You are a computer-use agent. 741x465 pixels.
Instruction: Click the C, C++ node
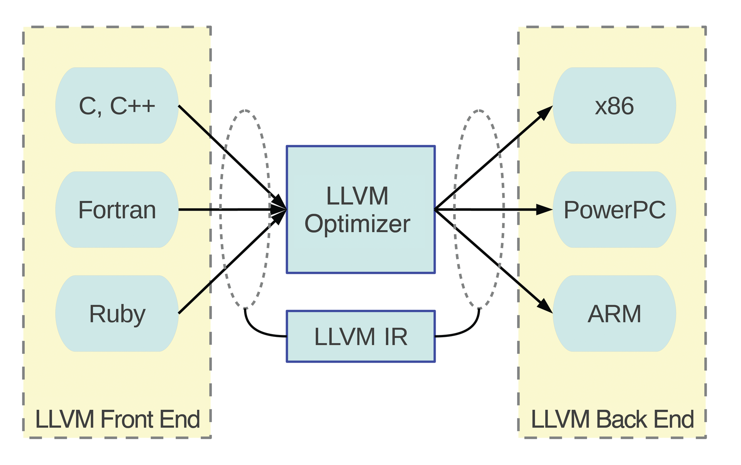117,106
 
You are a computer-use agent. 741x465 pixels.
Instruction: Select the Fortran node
117,210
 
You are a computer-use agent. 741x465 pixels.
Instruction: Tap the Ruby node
117,313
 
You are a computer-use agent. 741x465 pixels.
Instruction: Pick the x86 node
614,106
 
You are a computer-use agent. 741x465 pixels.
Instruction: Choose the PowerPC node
614,210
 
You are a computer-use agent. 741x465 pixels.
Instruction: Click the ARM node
614,313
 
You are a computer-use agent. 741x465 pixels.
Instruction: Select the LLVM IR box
360,336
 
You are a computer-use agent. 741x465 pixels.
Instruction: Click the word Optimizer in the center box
357,224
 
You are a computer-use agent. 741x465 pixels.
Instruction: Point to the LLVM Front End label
117,419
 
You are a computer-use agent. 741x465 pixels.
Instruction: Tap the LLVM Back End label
612,419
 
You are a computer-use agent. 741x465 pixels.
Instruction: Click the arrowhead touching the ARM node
545,306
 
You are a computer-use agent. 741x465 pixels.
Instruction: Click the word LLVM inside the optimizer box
357,196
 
